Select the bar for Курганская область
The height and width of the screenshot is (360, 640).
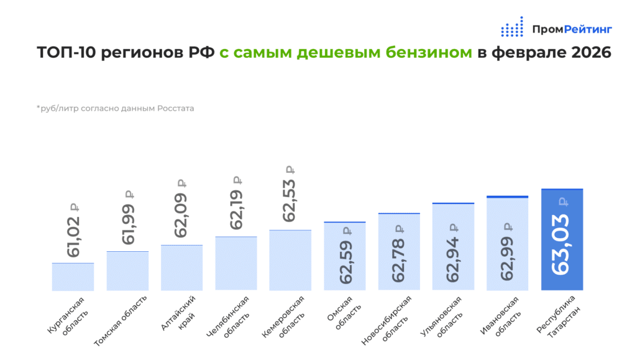click(73, 277)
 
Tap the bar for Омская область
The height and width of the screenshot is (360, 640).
click(345, 256)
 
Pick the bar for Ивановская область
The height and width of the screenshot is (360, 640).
click(507, 244)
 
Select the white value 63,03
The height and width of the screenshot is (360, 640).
click(562, 243)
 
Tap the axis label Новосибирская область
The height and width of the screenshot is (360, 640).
click(390, 320)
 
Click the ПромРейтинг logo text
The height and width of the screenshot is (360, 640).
click(572, 29)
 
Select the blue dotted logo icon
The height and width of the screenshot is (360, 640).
click(512, 28)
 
